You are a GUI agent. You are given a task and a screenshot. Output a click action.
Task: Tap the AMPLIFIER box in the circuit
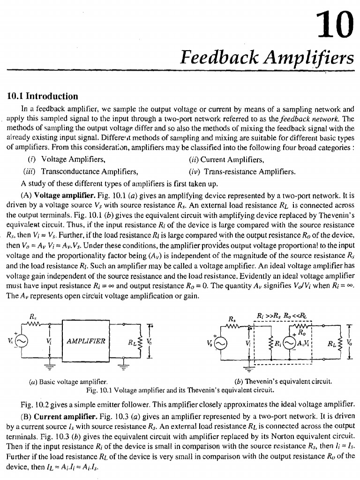86,340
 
